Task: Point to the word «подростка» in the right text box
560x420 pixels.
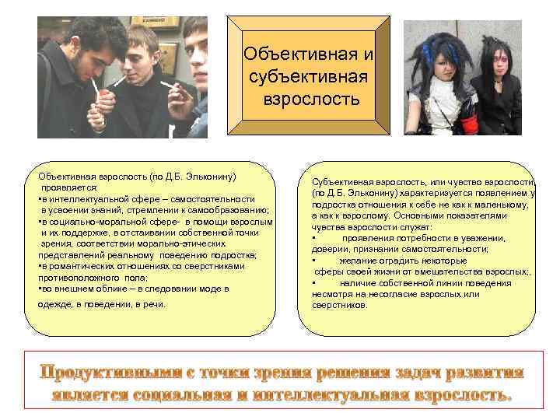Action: click(334, 205)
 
